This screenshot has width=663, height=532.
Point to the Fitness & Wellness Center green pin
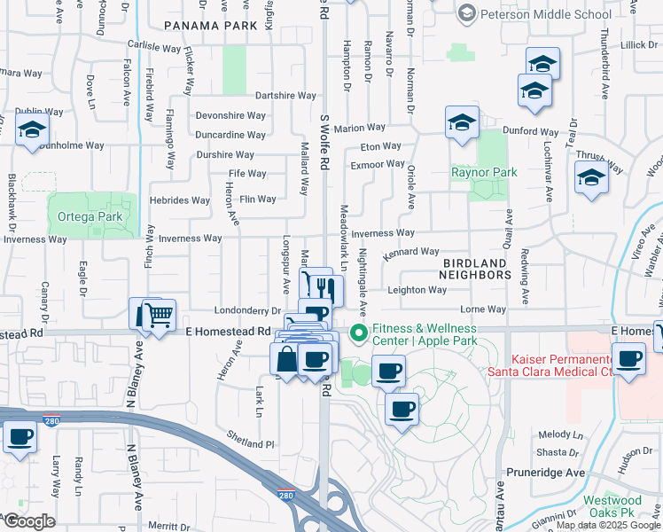click(x=359, y=334)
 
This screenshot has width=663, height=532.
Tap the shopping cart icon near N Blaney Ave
click(x=158, y=314)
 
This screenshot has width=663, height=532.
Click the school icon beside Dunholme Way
click(x=32, y=130)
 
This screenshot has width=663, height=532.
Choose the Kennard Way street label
click(x=411, y=253)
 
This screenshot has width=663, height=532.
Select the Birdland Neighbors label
click(x=476, y=269)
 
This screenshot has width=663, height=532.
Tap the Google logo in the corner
click(x=29, y=521)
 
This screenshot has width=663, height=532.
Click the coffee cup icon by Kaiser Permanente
click(x=628, y=359)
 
